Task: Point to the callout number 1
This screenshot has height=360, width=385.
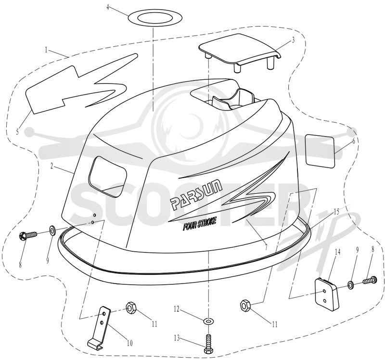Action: tap(46, 50)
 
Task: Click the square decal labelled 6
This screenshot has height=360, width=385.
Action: tap(320, 151)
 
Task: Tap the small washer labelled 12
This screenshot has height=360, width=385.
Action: tap(208, 321)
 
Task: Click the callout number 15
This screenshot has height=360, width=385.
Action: tap(336, 211)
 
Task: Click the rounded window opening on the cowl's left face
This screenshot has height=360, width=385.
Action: tap(107, 173)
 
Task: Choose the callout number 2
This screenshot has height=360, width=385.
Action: tap(52, 166)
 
